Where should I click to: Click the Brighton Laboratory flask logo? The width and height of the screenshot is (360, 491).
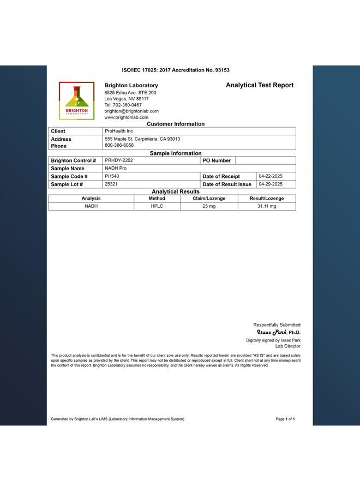click(x=76, y=100)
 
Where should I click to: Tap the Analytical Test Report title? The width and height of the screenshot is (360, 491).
click(x=260, y=85)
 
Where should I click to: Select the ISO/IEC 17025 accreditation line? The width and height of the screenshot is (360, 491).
click(x=176, y=70)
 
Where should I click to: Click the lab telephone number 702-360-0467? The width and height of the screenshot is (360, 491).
click(x=123, y=105)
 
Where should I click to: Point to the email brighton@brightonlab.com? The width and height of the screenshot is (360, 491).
click(x=131, y=111)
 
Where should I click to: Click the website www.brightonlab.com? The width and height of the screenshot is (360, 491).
click(x=127, y=117)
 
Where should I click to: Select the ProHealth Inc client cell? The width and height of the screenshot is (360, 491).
click(x=119, y=131)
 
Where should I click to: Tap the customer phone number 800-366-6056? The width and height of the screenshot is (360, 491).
click(x=119, y=146)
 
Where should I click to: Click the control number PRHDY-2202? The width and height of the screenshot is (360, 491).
click(x=119, y=160)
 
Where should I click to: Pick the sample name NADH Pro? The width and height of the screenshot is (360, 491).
click(x=116, y=168)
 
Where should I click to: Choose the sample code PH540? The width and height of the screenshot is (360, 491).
click(x=112, y=176)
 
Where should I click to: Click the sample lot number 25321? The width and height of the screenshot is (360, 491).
click(x=111, y=184)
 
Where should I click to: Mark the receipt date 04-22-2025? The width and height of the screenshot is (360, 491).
click(x=271, y=176)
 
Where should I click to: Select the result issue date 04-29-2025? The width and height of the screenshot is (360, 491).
click(x=271, y=184)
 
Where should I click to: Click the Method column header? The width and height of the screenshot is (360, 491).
click(x=157, y=199)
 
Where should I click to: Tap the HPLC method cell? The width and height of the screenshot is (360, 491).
click(x=157, y=206)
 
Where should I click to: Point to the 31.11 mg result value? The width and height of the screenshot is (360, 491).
click(x=267, y=206)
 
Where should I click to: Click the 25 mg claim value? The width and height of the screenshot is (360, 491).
click(x=209, y=206)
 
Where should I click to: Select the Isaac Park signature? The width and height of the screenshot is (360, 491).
click(x=272, y=332)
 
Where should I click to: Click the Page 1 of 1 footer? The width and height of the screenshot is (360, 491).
click(x=285, y=419)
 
